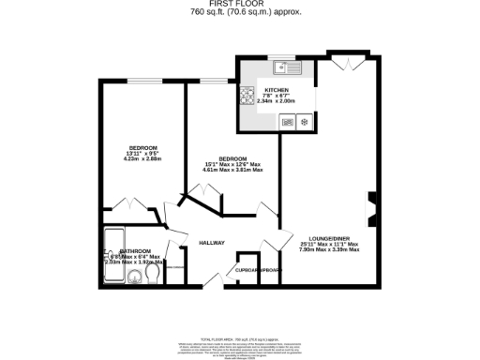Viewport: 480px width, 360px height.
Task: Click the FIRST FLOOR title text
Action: pos(240,5)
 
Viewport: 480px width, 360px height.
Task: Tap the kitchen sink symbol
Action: pos(286,67)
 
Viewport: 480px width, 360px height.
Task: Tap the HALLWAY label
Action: pos(212,243)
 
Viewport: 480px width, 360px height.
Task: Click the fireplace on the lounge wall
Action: pos(371,208)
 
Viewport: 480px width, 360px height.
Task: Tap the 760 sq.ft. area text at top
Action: pos(240,14)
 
